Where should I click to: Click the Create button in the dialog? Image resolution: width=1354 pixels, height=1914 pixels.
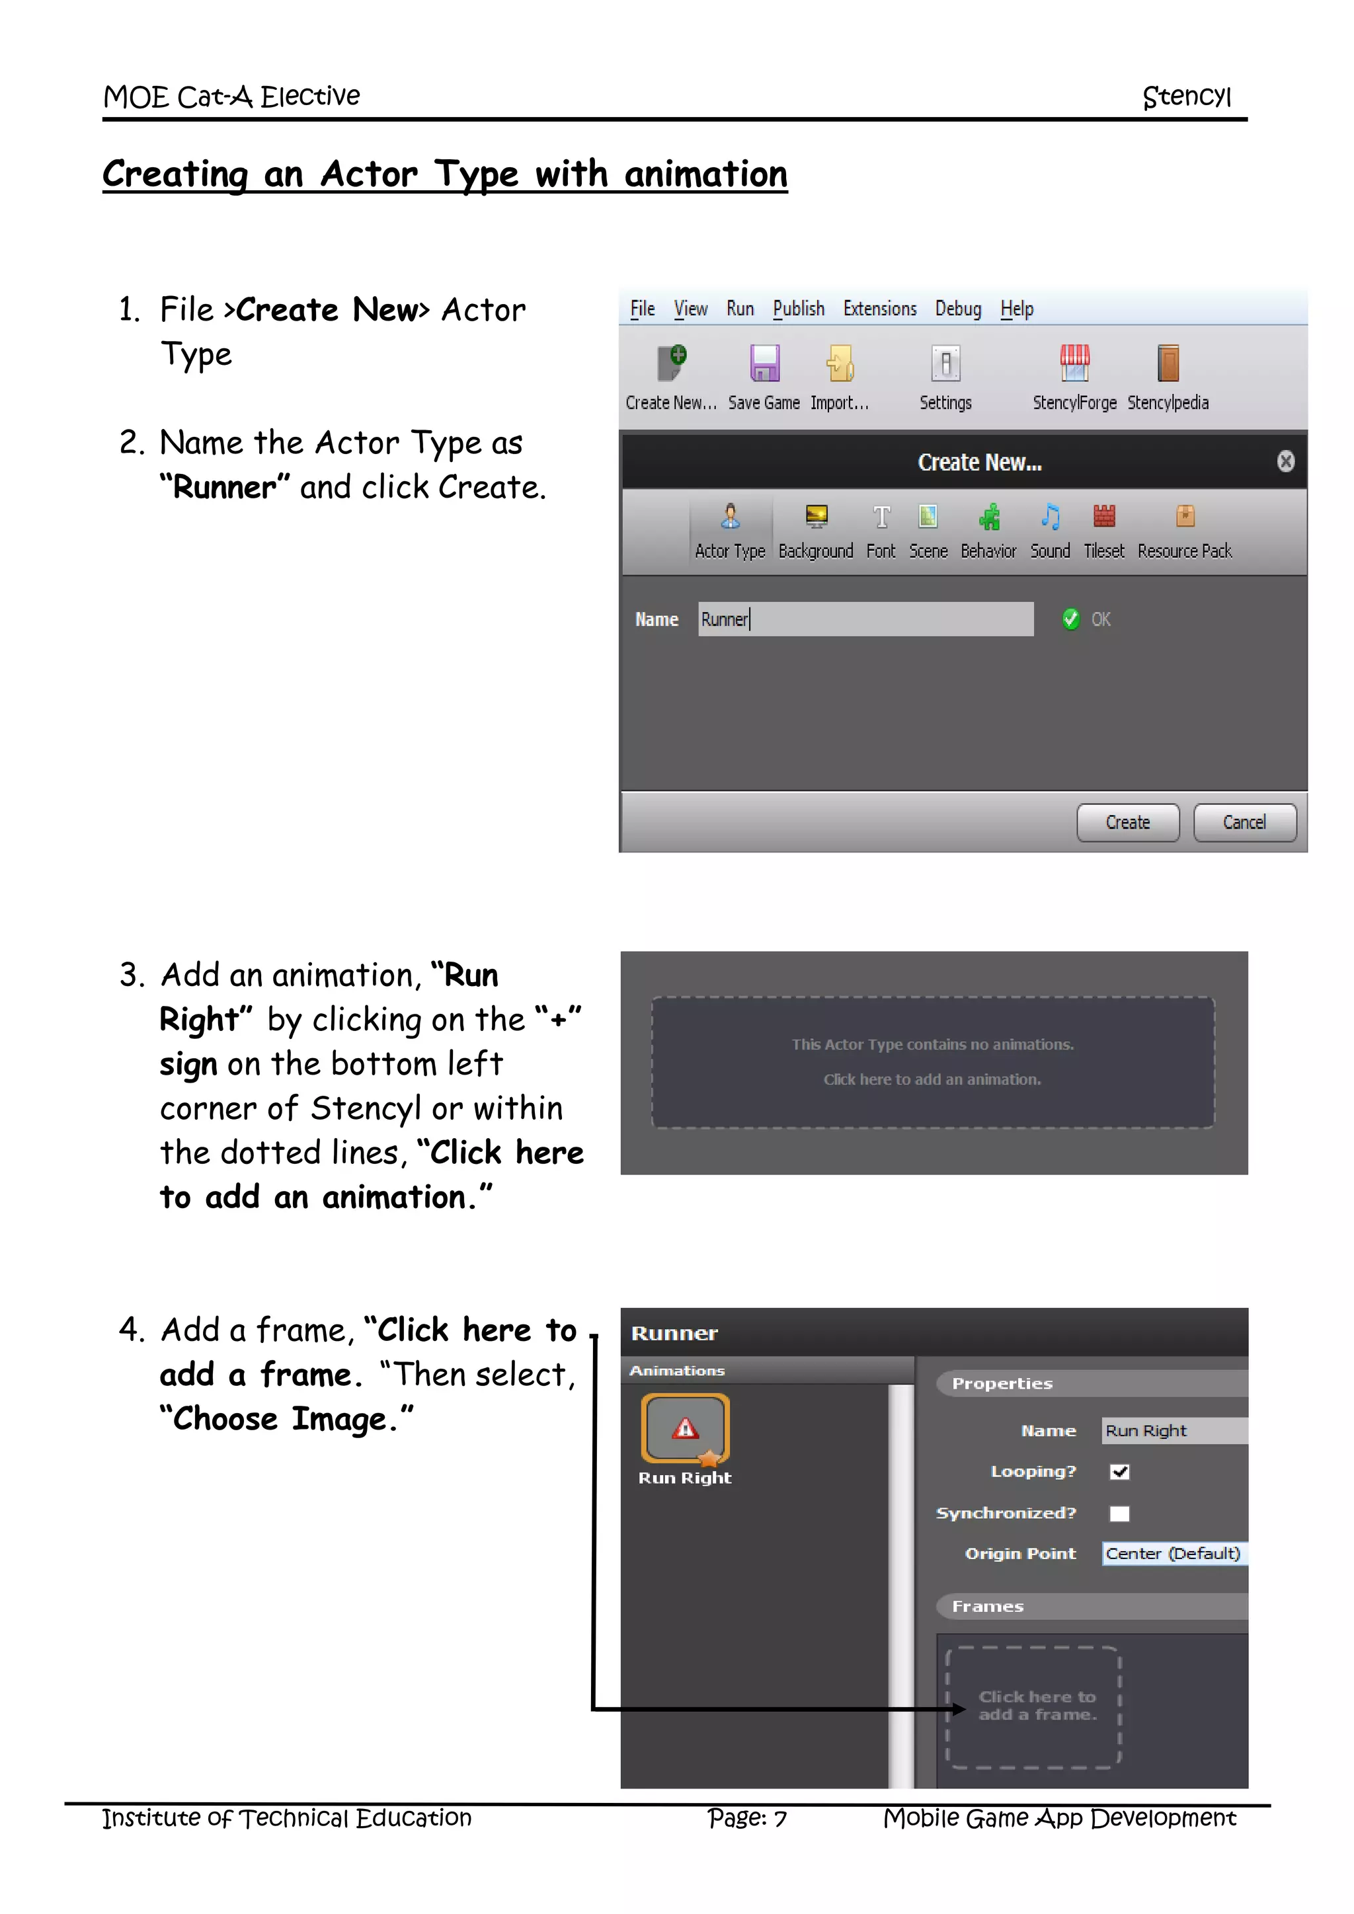tap(1127, 822)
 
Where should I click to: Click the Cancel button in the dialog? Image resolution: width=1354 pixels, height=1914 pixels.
tap(1244, 822)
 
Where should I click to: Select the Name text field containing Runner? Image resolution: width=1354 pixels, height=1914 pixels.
tap(865, 619)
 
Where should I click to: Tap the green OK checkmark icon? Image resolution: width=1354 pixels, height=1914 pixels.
tap(1070, 619)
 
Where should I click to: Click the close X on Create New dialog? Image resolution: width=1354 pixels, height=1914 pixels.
tap(1285, 461)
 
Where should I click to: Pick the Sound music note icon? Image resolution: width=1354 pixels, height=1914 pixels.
tap(1050, 517)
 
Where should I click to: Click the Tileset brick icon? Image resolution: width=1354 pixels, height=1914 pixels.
tap(1104, 517)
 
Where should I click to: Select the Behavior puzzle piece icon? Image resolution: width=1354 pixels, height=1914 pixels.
tap(989, 517)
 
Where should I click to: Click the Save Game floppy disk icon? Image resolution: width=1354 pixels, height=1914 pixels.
tap(764, 364)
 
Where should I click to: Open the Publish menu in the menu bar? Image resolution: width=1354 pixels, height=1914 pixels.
tap(798, 309)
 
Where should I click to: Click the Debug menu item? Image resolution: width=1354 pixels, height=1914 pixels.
tap(957, 309)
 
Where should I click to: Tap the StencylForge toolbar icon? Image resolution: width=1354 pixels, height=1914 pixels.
tap(1074, 364)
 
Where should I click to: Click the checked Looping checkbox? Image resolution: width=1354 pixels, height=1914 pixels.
tap(1119, 1472)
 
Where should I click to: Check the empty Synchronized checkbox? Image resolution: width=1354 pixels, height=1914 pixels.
tap(1119, 1513)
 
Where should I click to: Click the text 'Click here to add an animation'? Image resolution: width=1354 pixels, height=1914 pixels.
tap(932, 1079)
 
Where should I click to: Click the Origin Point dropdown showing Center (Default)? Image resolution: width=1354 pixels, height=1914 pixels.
tap(1173, 1553)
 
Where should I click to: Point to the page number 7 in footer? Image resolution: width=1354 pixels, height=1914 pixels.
tap(779, 1818)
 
